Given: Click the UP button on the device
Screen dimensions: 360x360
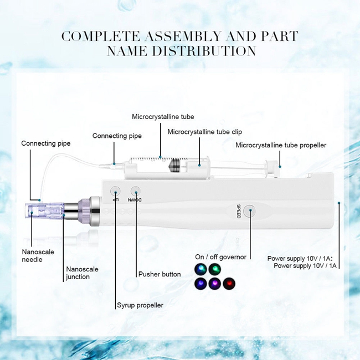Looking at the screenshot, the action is (x=115, y=191).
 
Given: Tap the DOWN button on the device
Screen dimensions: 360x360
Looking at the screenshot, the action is (x=136, y=191).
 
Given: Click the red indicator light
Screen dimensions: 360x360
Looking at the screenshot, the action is (x=229, y=284).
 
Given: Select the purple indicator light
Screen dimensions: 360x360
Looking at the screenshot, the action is (x=215, y=284).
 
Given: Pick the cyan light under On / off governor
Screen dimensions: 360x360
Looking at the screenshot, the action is (x=200, y=269).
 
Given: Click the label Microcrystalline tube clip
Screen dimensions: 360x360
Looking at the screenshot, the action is (x=204, y=132).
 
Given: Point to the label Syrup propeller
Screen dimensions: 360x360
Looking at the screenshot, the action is (x=140, y=305).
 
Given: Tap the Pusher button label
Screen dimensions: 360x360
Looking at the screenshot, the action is (x=160, y=274).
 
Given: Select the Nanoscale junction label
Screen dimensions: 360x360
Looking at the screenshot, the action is (x=82, y=272).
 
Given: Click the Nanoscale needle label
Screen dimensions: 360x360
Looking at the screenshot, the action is (x=38, y=255).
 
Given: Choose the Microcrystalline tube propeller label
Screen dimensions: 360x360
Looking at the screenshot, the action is (x=281, y=145).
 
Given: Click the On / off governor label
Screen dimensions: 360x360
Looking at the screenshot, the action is (x=220, y=257).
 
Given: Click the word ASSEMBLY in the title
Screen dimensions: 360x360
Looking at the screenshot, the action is (x=183, y=36).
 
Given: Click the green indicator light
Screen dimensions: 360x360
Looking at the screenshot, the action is (x=215, y=269).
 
